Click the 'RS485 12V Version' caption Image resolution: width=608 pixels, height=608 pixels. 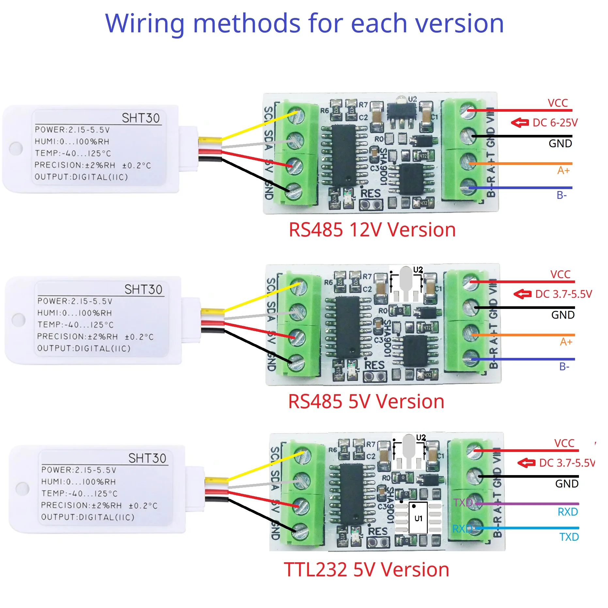click(x=372, y=230)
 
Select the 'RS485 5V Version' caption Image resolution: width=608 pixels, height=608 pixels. click(x=366, y=401)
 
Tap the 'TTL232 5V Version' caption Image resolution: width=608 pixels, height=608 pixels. click(x=366, y=570)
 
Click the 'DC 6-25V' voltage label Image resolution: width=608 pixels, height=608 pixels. click(x=555, y=123)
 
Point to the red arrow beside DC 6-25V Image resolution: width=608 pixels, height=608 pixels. click(x=520, y=123)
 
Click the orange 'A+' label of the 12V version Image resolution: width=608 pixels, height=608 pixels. click(x=563, y=170)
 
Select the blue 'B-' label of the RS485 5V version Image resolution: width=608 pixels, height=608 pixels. click(x=564, y=367)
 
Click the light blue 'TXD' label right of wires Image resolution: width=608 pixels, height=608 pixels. click(x=569, y=537)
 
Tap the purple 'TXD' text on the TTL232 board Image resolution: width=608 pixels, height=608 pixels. click(x=463, y=503)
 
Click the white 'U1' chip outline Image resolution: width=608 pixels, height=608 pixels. click(x=418, y=519)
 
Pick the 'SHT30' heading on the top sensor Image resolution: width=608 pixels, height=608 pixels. click(x=141, y=118)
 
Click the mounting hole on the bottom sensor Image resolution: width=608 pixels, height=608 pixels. click(x=23, y=489)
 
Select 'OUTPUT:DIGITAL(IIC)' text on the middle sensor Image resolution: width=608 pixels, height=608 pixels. click(x=84, y=348)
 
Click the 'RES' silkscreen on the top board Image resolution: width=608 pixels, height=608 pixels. click(x=371, y=194)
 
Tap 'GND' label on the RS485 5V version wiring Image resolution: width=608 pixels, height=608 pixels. click(x=563, y=315)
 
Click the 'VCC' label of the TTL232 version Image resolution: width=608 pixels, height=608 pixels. click(x=564, y=443)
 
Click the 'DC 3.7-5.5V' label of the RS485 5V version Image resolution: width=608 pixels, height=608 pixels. click(x=563, y=294)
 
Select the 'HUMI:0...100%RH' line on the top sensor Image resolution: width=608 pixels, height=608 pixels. click(x=72, y=142)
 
